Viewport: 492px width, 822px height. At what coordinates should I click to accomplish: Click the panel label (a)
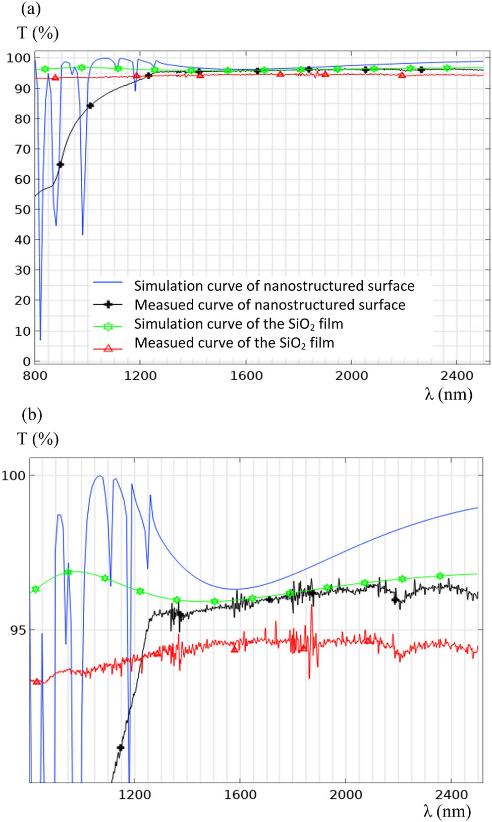[31, 9]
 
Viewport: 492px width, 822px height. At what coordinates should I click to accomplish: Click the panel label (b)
[32, 415]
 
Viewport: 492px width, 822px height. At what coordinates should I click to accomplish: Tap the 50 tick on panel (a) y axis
[22, 210]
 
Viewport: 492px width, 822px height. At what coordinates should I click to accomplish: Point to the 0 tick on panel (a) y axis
[26, 362]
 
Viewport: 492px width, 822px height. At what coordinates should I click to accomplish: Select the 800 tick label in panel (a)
[35, 376]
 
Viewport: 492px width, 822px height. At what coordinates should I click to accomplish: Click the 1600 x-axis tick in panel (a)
[246, 376]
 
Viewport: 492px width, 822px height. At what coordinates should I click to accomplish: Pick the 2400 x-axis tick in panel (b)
[451, 795]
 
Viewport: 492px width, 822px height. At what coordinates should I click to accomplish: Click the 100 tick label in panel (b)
[14, 476]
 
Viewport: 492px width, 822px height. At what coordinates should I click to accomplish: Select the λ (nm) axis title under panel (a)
[448, 394]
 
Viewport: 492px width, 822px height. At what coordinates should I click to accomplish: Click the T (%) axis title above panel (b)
[38, 439]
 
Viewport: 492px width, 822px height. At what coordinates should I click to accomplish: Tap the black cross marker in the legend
[107, 304]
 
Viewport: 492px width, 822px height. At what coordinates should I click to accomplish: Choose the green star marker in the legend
[107, 327]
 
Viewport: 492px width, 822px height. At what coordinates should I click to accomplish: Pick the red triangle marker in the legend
[107, 348]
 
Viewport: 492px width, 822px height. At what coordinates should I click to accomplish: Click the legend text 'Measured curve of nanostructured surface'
[270, 305]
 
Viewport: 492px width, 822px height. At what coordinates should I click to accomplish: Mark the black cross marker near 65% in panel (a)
[60, 165]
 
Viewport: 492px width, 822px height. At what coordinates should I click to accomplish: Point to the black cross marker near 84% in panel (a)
[90, 106]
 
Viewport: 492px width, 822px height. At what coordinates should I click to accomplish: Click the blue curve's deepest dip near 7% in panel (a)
[40, 338]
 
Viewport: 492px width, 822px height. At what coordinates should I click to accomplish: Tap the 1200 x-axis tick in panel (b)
[135, 795]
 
